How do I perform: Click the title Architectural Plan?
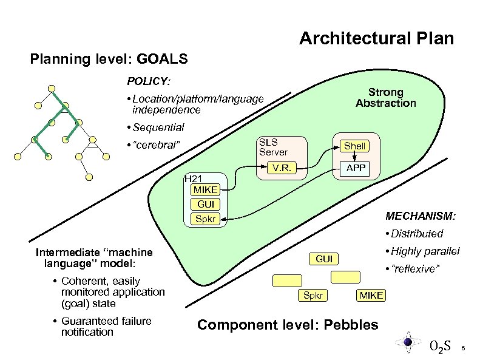(376, 39)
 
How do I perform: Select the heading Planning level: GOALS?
(109, 59)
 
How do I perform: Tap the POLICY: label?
(149, 80)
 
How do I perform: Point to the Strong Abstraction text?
(386, 97)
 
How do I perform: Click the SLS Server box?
(273, 146)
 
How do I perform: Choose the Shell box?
(354, 146)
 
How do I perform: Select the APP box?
(355, 167)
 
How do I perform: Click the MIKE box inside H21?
(205, 190)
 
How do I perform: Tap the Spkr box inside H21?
(205, 219)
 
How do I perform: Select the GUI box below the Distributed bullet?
(324, 259)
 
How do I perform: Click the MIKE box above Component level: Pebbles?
(371, 295)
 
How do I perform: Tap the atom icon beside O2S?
(408, 342)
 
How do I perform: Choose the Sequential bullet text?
(155, 127)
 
